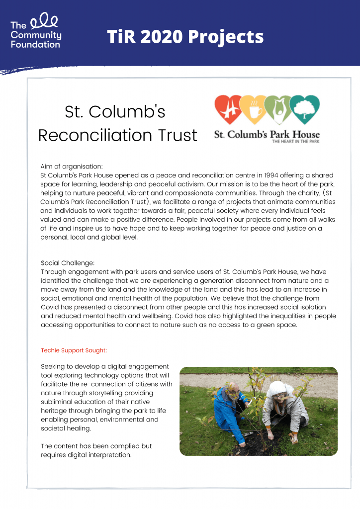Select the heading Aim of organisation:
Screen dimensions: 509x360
point(71,167)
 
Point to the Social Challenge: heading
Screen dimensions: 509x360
point(68,262)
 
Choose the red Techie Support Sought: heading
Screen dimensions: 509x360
point(74,350)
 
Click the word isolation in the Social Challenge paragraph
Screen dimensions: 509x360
point(322,307)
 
